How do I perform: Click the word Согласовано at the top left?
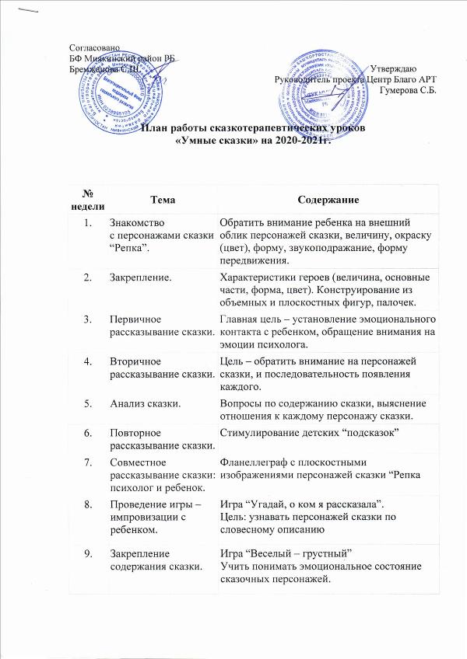[90, 49]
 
